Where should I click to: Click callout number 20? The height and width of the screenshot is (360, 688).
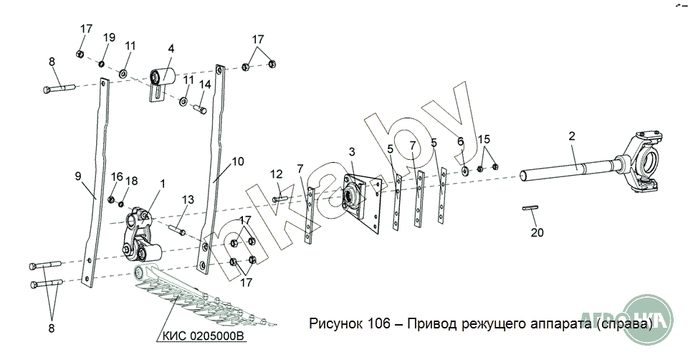coord(537,232)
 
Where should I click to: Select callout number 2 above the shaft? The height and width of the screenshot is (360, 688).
coord(572,136)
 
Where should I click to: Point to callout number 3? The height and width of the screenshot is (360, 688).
coord(352,152)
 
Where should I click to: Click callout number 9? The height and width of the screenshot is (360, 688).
coord(77,175)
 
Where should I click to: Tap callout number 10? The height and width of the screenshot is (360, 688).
coord(238,161)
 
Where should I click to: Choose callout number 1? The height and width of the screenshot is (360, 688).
coord(162,184)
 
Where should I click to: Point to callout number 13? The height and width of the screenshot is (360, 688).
coord(188,199)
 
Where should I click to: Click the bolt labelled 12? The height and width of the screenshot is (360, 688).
coord(279,197)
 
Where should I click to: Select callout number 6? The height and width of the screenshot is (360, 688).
coord(461,141)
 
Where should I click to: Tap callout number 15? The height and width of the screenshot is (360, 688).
coord(484,138)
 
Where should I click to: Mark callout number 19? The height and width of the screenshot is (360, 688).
coord(109,37)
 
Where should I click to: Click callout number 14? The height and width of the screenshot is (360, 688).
coord(205,84)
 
